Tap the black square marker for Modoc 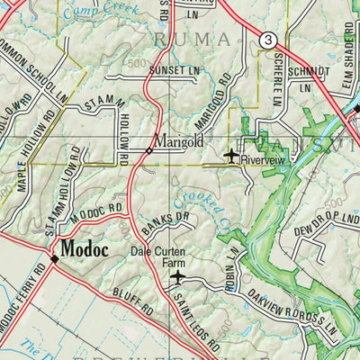click(55, 258)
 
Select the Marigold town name click(178, 141)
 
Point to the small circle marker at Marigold click(148, 149)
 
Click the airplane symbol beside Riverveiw click(232, 156)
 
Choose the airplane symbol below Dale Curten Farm click(177, 277)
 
